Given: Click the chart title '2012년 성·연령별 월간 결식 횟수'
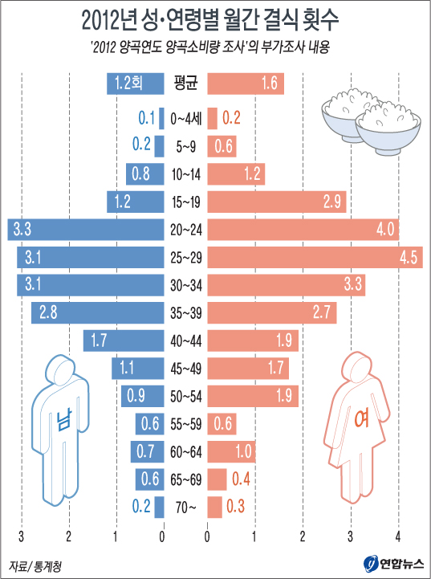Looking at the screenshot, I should pyautogui.click(x=215, y=18).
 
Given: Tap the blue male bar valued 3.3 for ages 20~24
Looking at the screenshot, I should pyautogui.click(x=85, y=230).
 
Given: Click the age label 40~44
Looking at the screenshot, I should pyautogui.click(x=185, y=340).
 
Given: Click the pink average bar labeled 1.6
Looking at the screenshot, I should pyautogui.click(x=246, y=83).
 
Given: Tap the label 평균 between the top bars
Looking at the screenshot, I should pyautogui.click(x=186, y=83).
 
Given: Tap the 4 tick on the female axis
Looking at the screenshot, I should pyautogui.click(x=398, y=536).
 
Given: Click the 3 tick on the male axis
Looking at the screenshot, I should pyautogui.click(x=22, y=536).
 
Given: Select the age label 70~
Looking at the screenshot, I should pyautogui.click(x=185, y=507).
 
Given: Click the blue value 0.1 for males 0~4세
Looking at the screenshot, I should pyautogui.click(x=146, y=119).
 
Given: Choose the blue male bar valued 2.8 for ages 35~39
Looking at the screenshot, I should pyautogui.click(x=97, y=312).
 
